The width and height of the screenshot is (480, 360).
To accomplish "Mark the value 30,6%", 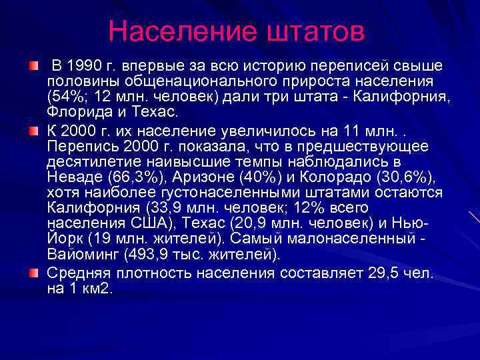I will point(415,176).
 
